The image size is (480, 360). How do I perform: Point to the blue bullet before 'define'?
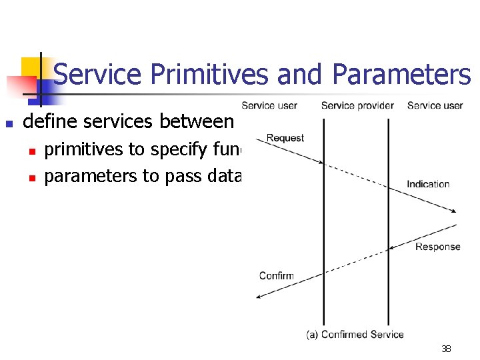[9, 123]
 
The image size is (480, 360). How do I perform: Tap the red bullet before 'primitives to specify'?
[31, 151]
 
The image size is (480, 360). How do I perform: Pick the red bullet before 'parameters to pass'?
[31, 178]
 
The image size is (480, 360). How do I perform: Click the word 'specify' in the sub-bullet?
[175, 150]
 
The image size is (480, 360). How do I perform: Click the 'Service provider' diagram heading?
[357, 105]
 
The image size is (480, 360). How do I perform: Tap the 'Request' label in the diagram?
[285, 138]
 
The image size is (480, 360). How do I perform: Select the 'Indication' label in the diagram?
[428, 184]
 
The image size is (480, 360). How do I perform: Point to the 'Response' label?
[437, 247]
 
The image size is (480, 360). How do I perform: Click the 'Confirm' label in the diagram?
[276, 275]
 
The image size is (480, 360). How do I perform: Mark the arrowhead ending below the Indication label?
[453, 211]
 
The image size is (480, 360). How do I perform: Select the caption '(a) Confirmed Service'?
[355, 334]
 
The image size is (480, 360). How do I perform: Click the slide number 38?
[445, 349]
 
